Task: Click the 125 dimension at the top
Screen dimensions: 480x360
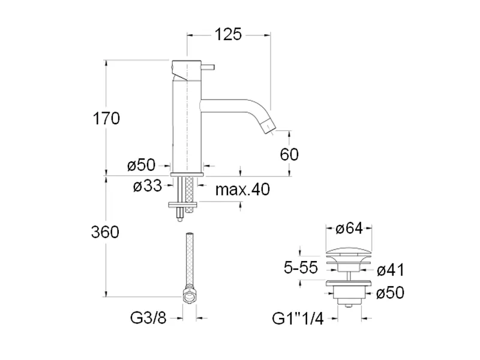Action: click(228, 34)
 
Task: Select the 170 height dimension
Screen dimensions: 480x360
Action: click(106, 118)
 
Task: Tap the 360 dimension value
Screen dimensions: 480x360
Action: click(105, 232)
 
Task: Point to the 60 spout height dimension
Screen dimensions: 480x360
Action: click(289, 154)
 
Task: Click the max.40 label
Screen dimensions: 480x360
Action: click(243, 190)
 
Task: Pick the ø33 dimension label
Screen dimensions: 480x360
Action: click(148, 185)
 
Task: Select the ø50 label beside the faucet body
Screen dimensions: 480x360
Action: click(142, 165)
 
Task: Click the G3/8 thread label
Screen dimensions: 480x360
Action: click(148, 318)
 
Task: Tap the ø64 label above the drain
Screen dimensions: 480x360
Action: click(349, 229)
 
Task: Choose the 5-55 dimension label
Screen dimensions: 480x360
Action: click(301, 268)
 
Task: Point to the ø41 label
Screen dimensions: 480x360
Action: click(391, 270)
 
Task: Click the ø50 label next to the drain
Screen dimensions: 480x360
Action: click(391, 293)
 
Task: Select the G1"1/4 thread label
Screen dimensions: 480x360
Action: click(298, 319)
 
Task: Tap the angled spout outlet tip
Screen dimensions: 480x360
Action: click(270, 127)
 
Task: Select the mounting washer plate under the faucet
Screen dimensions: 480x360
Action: click(182, 204)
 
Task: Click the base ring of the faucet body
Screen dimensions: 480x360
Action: click(187, 174)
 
